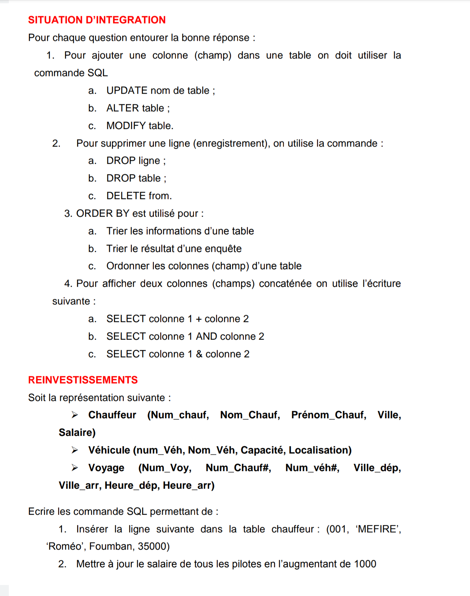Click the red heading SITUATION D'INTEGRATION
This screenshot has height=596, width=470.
click(x=97, y=20)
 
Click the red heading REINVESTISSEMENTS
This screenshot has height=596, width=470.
click(x=83, y=380)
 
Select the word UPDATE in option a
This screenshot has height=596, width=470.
click(x=127, y=91)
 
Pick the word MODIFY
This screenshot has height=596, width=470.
click(x=126, y=126)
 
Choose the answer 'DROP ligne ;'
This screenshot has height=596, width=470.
click(x=136, y=161)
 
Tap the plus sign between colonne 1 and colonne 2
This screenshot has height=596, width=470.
click(x=199, y=319)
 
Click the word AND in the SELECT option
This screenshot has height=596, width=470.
click(x=206, y=337)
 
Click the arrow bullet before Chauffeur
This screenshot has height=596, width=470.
click(x=75, y=415)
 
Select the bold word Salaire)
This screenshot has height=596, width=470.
click(x=77, y=433)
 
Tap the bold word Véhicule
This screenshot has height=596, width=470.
click(x=109, y=450)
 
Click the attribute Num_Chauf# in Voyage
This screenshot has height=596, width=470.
click(x=238, y=468)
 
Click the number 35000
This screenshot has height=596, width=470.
click(x=153, y=546)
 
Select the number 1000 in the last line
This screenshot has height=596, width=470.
click(x=365, y=564)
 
